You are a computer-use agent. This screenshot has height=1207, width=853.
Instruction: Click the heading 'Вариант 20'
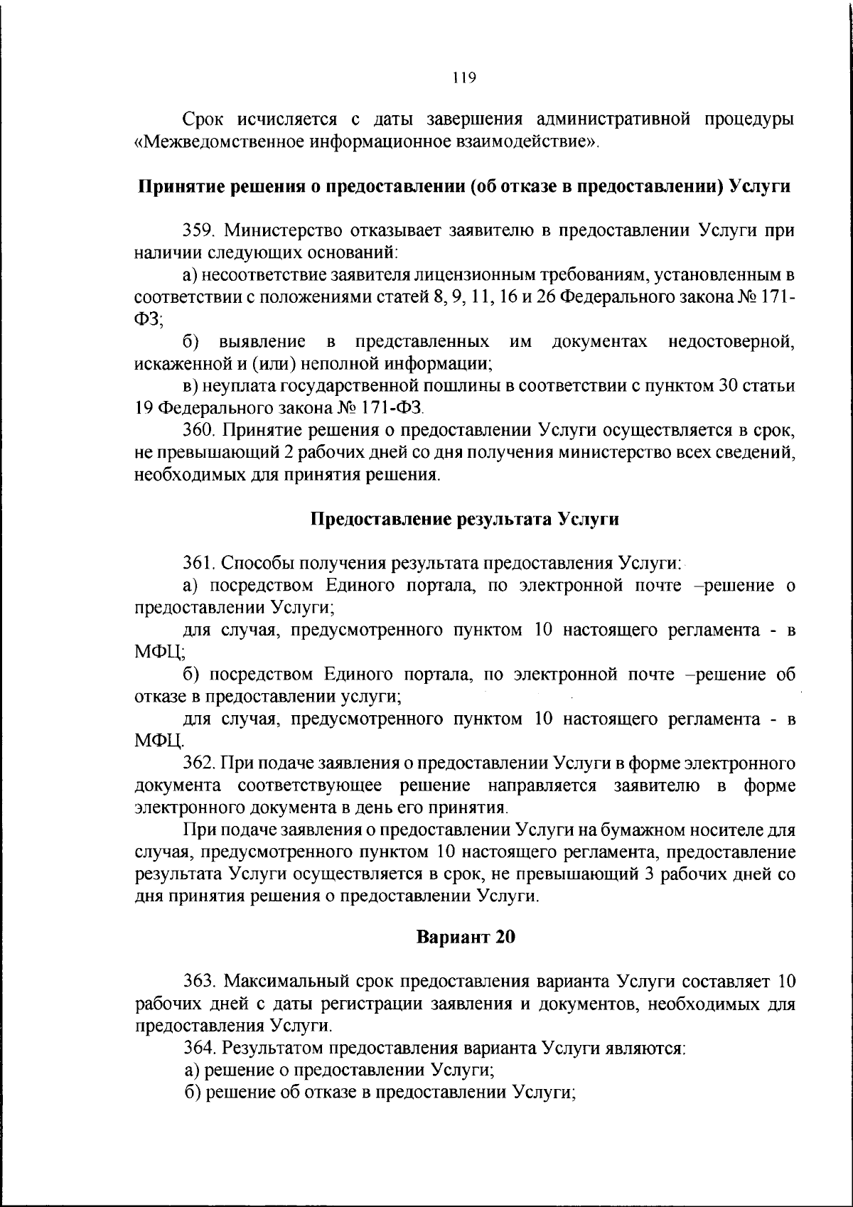(x=465, y=937)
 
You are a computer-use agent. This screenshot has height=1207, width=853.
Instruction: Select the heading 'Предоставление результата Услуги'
(x=465, y=519)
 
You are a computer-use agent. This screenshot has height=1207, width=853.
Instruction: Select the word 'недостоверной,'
(x=732, y=342)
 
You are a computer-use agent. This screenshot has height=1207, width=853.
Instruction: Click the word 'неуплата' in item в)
(x=234, y=386)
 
